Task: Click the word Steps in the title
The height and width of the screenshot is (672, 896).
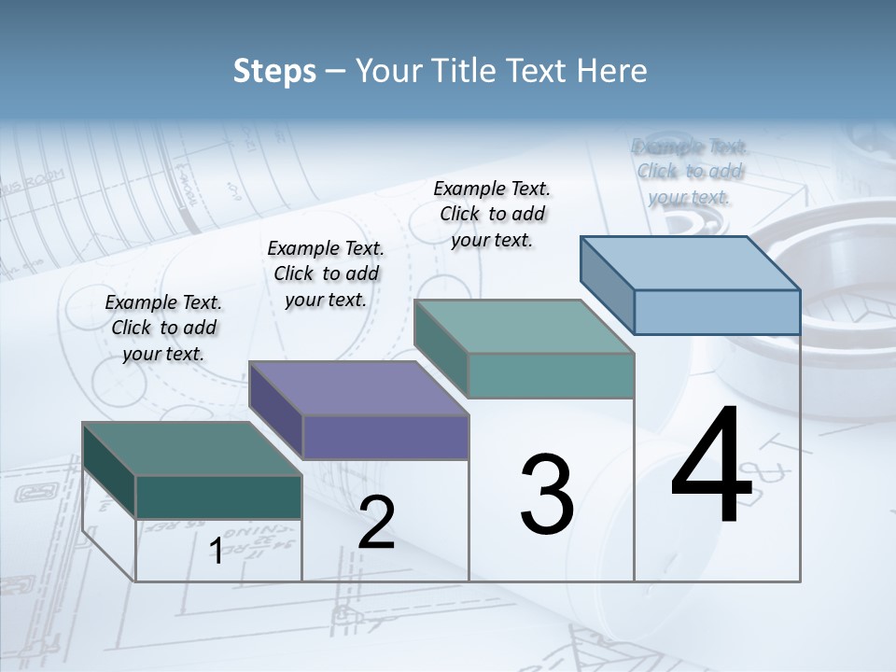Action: pos(274,72)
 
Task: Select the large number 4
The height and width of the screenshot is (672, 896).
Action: pos(711,466)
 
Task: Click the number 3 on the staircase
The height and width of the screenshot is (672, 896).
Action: pos(547,495)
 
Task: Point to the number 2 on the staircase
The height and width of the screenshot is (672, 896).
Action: pos(377,523)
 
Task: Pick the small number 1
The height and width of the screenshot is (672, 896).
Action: pos(216,551)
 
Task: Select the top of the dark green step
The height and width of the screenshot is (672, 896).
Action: pos(192,449)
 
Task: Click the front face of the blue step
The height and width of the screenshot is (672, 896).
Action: pos(717,312)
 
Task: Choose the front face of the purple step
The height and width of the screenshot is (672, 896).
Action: pos(385,437)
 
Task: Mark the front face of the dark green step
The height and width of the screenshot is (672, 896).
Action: pos(218,497)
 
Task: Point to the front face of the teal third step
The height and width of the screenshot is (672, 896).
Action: pos(551,376)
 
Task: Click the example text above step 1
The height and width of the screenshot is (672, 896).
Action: pos(163,328)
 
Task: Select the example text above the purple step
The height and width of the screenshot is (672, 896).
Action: pos(326,273)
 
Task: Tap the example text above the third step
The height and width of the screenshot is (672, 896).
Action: pos(492,214)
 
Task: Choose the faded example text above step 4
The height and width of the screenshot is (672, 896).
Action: pos(690,172)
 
